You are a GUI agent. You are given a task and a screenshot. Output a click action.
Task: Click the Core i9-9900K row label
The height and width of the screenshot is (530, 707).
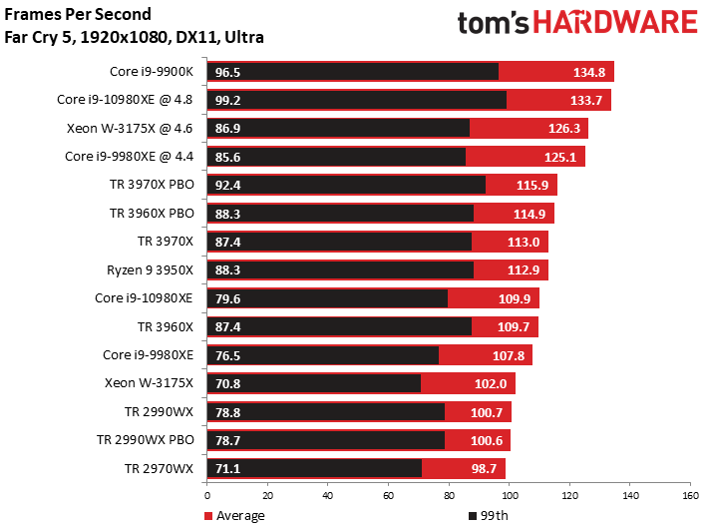(x=152, y=71)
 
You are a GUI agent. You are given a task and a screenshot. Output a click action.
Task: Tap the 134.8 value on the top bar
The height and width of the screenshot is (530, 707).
(x=589, y=72)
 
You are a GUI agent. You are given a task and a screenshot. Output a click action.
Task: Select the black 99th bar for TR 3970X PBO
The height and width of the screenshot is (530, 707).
(x=346, y=185)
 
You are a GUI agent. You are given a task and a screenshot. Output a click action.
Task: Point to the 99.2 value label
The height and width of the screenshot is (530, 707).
(x=227, y=100)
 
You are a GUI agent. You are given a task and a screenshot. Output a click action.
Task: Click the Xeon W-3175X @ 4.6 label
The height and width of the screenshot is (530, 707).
(x=130, y=128)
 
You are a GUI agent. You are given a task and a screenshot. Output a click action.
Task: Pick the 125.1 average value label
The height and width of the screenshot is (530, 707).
(x=560, y=157)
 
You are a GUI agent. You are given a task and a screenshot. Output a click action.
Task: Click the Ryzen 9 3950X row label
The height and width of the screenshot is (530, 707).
(x=151, y=269)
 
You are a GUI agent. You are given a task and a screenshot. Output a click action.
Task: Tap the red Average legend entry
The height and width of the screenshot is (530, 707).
(x=234, y=516)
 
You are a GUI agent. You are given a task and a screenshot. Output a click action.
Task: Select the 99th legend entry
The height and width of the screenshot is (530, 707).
(x=489, y=516)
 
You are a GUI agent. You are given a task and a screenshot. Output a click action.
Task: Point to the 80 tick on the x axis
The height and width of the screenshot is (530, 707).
(x=449, y=496)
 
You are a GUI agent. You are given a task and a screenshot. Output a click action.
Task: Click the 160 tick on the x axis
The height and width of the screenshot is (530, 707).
(x=690, y=496)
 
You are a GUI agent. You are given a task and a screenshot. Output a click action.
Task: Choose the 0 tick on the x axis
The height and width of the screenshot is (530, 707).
(x=207, y=496)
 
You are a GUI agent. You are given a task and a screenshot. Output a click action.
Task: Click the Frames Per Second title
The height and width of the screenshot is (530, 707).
(x=78, y=14)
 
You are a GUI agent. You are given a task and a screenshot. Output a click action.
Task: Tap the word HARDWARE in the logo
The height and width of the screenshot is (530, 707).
(x=615, y=22)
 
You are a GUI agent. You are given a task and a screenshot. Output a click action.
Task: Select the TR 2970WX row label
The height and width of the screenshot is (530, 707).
(x=160, y=468)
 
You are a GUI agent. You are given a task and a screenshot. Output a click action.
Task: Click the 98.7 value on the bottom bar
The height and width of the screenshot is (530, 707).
(x=484, y=468)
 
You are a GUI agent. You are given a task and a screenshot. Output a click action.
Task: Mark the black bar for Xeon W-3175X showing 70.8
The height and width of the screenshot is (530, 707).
(x=314, y=383)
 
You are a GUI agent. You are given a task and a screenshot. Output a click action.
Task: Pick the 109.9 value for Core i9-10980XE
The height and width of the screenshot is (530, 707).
(x=515, y=298)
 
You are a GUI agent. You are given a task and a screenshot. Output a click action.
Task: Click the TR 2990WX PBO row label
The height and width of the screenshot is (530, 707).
(x=146, y=440)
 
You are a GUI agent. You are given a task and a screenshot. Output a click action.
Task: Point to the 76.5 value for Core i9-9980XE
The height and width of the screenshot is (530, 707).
(x=227, y=355)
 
